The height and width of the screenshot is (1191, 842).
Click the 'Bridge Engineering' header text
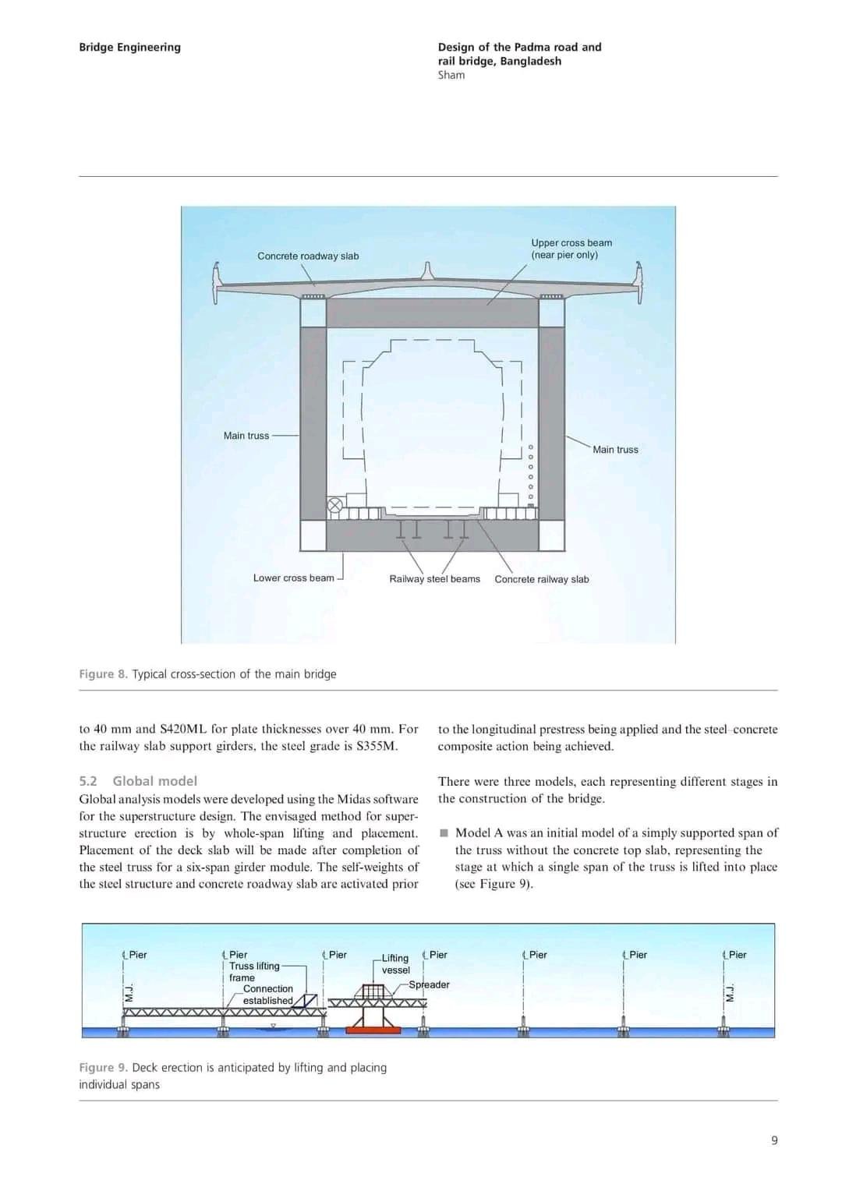(129, 47)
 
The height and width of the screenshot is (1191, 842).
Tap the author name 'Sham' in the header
(451, 75)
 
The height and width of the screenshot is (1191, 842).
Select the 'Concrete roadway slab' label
(308, 256)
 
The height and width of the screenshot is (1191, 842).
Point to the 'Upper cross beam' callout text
(571, 243)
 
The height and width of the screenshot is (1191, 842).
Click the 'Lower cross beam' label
(293, 578)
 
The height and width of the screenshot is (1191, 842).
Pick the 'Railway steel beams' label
(434, 578)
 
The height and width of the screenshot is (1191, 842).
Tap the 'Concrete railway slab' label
(541, 579)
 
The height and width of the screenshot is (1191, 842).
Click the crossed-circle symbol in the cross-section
(334, 505)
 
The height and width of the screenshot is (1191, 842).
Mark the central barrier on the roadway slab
(426, 271)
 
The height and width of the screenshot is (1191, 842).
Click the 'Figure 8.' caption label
(103, 673)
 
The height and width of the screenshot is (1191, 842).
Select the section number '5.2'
(88, 781)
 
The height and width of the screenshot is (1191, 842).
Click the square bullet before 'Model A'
(444, 832)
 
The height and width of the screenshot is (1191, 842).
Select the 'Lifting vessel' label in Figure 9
(395, 963)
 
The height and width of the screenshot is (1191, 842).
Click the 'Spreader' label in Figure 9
(429, 984)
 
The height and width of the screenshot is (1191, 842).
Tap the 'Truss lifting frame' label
(253, 971)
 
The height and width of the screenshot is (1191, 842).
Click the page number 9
(774, 1140)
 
